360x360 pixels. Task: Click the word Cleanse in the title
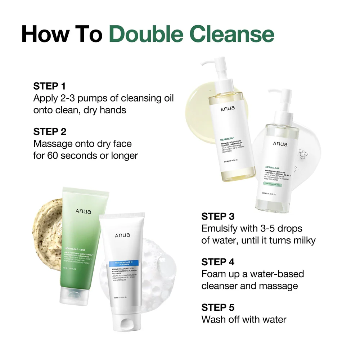(x=235, y=33)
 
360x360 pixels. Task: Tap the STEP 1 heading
(x=49, y=86)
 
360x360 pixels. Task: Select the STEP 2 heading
(x=50, y=132)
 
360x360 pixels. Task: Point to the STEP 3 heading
(x=218, y=216)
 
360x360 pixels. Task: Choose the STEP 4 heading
(x=218, y=262)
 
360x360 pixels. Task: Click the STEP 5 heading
(x=218, y=307)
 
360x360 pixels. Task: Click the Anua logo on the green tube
(x=83, y=211)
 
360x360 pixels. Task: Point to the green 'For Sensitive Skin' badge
(x=276, y=183)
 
